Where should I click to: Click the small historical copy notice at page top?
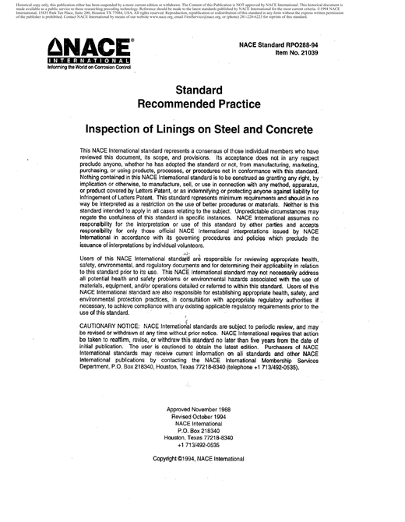[202, 10]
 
